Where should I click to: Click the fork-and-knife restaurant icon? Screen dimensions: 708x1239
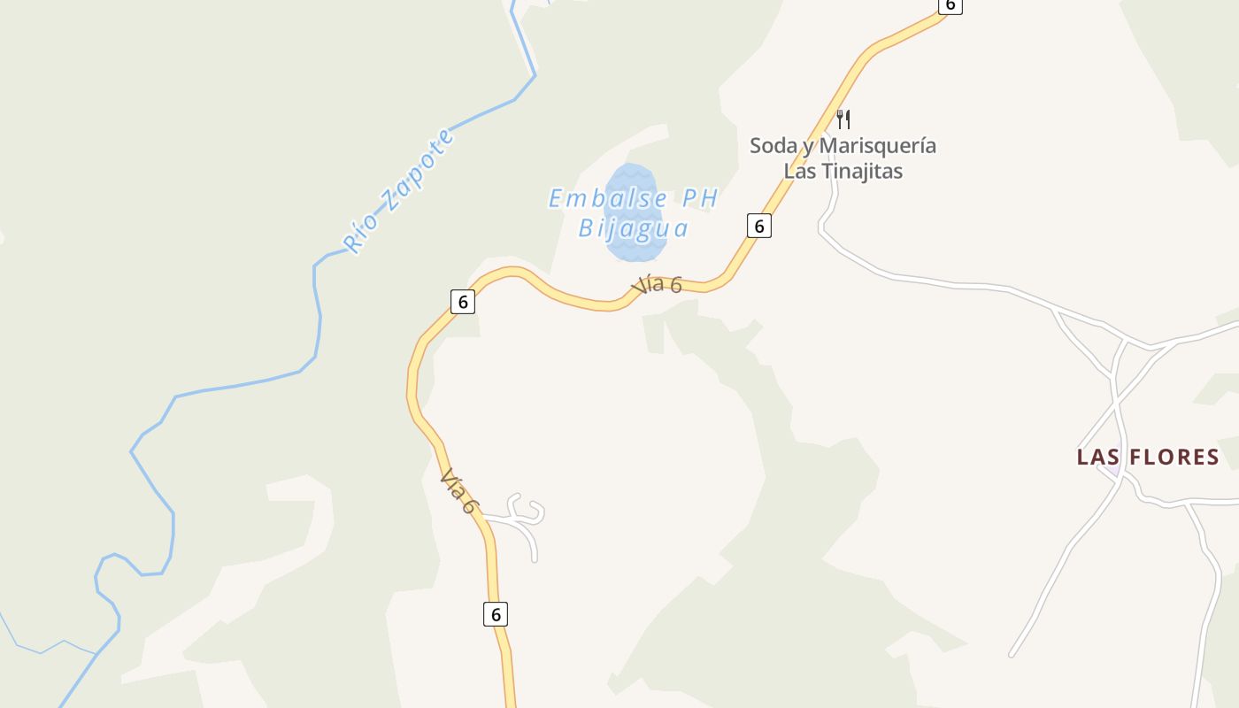tap(843, 119)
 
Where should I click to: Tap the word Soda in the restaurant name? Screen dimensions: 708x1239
tap(773, 145)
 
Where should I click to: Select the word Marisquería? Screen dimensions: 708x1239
tap(877, 145)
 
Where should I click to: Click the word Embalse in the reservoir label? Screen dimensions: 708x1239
tap(605, 198)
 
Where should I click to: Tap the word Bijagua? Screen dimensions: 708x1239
tap(633, 228)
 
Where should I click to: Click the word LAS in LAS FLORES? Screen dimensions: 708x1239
tap(1099, 457)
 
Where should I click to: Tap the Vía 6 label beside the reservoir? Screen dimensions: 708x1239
tap(657, 284)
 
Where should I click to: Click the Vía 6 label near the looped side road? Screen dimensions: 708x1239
tap(459, 491)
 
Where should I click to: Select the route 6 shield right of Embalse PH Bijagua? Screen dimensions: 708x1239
tap(758, 226)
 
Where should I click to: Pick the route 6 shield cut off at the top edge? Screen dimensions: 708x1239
tap(950, 5)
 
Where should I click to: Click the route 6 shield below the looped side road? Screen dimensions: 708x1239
tap(496, 613)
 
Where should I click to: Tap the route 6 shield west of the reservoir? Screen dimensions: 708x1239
tap(462, 302)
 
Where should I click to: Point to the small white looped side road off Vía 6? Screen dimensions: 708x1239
tap(524, 518)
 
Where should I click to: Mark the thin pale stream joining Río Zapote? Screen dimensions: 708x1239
tap(40, 647)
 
